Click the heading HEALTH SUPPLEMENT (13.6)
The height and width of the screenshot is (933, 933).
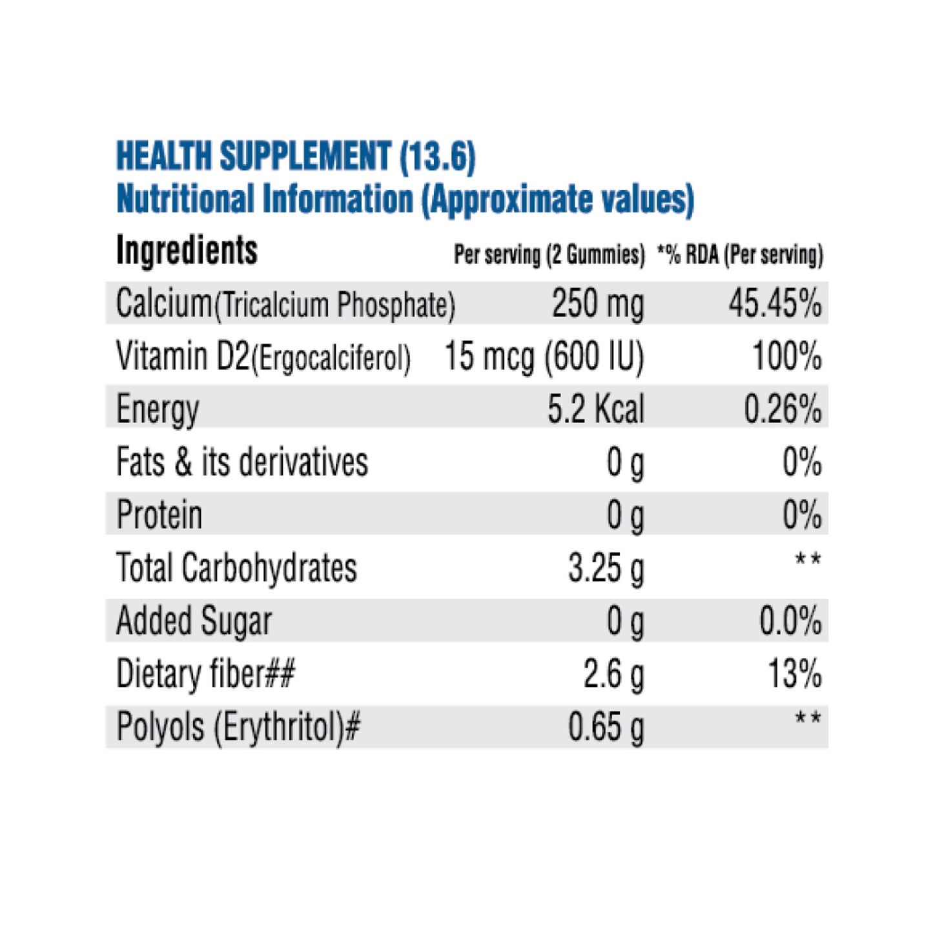click(x=296, y=157)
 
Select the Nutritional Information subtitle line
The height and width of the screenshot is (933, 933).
click(x=405, y=199)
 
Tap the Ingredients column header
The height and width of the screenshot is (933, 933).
click(x=187, y=251)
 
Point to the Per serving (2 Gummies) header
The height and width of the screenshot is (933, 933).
click(x=549, y=255)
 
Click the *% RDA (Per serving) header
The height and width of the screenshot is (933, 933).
click(x=740, y=255)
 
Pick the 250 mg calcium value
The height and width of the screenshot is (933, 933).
click(x=598, y=303)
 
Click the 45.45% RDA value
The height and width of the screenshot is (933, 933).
click(x=775, y=303)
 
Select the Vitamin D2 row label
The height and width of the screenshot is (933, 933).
click(x=263, y=356)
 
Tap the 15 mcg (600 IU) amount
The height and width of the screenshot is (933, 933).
click(x=544, y=356)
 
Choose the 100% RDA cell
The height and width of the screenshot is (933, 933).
click(x=787, y=356)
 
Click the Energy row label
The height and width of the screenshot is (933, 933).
click(x=158, y=409)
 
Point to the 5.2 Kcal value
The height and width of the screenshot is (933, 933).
click(x=595, y=409)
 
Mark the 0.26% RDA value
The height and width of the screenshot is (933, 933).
click(x=783, y=409)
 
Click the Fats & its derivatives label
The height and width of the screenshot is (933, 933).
click(x=242, y=462)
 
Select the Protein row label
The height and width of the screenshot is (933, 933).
click(x=159, y=515)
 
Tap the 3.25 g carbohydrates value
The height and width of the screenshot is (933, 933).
click(x=606, y=568)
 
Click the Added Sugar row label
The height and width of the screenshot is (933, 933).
click(x=194, y=621)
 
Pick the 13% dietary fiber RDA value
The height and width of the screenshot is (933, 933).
click(x=794, y=674)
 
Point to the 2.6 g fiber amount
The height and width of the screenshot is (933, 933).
click(x=613, y=674)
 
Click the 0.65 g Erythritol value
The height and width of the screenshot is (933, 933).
click(x=606, y=727)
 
